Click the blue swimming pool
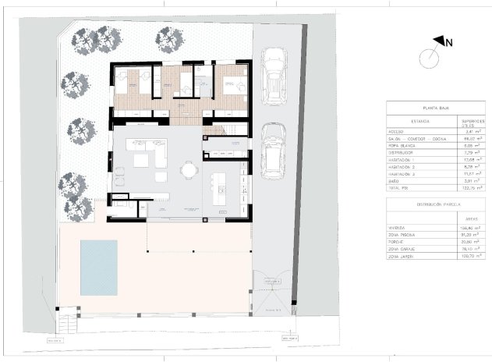(x=98, y=267)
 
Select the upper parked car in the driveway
(x=274, y=73)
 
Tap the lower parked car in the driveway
(x=272, y=149)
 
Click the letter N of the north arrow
(x=450, y=44)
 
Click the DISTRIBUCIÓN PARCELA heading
(x=437, y=206)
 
